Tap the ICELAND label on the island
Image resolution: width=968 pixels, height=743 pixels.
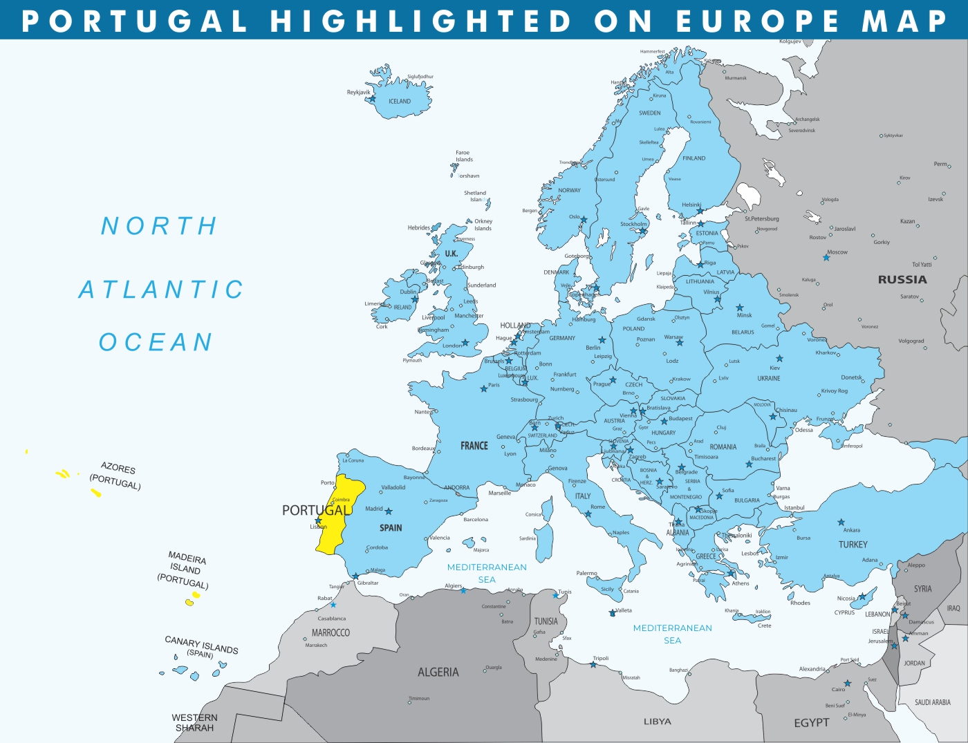[400, 102]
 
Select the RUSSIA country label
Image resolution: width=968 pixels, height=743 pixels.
[902, 280]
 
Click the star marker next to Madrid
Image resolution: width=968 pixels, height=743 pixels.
[389, 511]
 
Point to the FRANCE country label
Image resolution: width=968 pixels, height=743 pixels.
[474, 446]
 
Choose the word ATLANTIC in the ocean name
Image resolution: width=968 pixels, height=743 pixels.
[161, 290]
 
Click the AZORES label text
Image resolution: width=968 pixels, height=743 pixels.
[118, 468]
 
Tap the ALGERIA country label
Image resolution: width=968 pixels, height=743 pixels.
[438, 672]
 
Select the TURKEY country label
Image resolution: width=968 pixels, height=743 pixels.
[853, 545]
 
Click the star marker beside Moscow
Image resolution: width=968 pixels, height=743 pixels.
[826, 258]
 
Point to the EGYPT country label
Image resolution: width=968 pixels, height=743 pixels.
[811, 722]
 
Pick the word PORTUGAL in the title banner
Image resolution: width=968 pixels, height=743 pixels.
[135, 21]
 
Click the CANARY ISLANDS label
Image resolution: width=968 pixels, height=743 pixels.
[201, 645]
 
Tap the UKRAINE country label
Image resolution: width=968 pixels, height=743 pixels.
[768, 379]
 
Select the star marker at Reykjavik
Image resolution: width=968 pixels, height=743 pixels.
[372, 99]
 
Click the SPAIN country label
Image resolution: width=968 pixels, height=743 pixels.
[391, 528]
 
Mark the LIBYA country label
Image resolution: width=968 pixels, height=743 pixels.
[657, 722]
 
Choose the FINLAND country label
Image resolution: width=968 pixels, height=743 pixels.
[694, 158]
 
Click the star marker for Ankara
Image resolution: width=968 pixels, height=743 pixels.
[841, 523]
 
